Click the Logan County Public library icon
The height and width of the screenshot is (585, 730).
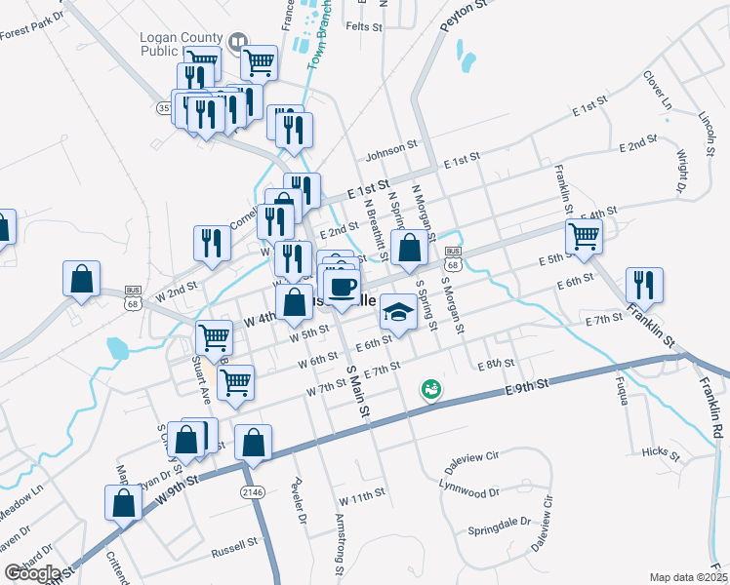(x=237, y=43)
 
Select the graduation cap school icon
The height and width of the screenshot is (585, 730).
(x=396, y=310)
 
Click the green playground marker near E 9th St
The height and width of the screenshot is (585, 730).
(x=428, y=389)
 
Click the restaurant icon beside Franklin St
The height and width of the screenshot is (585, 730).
(x=643, y=283)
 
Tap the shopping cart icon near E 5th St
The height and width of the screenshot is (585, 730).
(x=583, y=234)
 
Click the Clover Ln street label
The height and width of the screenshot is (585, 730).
(x=658, y=89)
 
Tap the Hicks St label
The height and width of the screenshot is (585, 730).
(x=661, y=452)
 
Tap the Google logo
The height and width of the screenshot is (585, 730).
(x=33, y=573)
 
